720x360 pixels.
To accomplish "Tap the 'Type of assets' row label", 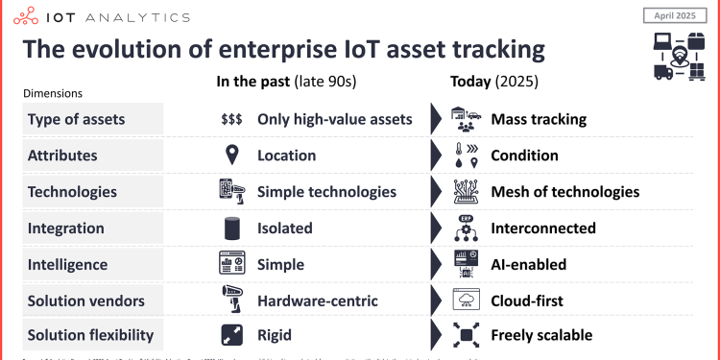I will [76, 119].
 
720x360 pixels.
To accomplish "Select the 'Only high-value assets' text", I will [335, 119].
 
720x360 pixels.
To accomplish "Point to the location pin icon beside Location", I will [230, 155].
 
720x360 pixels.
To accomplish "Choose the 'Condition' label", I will [525, 155].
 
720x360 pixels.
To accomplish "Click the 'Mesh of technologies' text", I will [564, 191].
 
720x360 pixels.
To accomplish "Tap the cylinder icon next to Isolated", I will [230, 228].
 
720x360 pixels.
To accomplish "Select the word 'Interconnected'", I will [543, 228].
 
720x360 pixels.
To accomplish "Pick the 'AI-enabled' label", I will [528, 264].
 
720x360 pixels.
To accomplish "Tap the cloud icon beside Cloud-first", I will [466, 300].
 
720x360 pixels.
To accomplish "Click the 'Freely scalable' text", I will [541, 335].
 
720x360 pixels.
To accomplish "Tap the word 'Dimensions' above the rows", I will [53, 93].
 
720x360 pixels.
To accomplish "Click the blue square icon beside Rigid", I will [230, 335].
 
